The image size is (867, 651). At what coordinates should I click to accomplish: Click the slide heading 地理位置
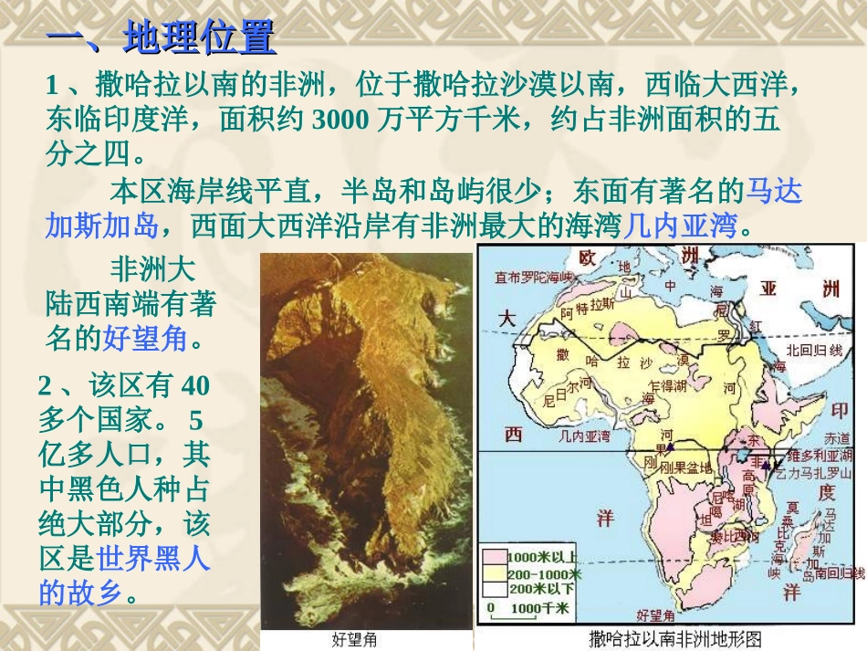(x=199, y=39)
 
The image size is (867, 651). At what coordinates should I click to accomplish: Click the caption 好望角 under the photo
(x=354, y=639)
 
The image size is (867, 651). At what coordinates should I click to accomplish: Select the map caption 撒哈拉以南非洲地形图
(x=675, y=637)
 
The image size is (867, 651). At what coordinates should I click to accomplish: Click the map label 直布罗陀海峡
(x=535, y=277)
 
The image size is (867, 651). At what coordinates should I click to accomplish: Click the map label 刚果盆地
(x=688, y=467)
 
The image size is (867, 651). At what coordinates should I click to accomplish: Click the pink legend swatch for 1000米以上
(x=495, y=556)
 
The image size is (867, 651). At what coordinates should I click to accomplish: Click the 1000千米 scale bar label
(x=539, y=606)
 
